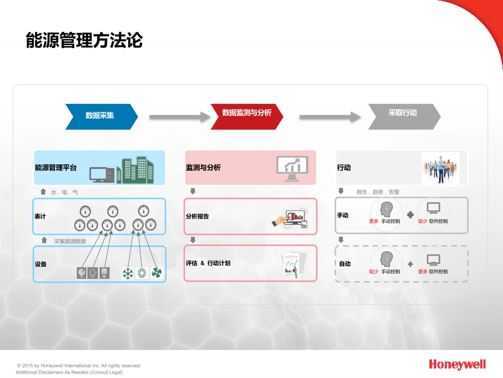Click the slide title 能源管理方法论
(x=84, y=40)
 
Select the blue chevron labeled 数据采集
(x=102, y=117)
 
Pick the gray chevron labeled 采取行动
(x=404, y=117)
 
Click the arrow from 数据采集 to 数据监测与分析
(x=180, y=117)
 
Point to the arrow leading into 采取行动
(x=330, y=117)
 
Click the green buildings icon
(x=134, y=170)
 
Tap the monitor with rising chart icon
(x=292, y=169)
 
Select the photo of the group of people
(x=441, y=168)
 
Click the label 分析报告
(x=197, y=216)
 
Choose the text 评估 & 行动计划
(x=208, y=263)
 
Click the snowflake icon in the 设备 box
(x=128, y=274)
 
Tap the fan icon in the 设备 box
(x=157, y=273)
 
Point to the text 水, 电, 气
(x=64, y=192)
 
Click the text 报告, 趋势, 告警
(x=378, y=192)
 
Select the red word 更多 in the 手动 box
(x=374, y=221)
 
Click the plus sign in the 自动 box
(x=410, y=264)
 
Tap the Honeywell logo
(x=457, y=365)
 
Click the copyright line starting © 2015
(x=79, y=365)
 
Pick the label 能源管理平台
(x=56, y=168)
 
